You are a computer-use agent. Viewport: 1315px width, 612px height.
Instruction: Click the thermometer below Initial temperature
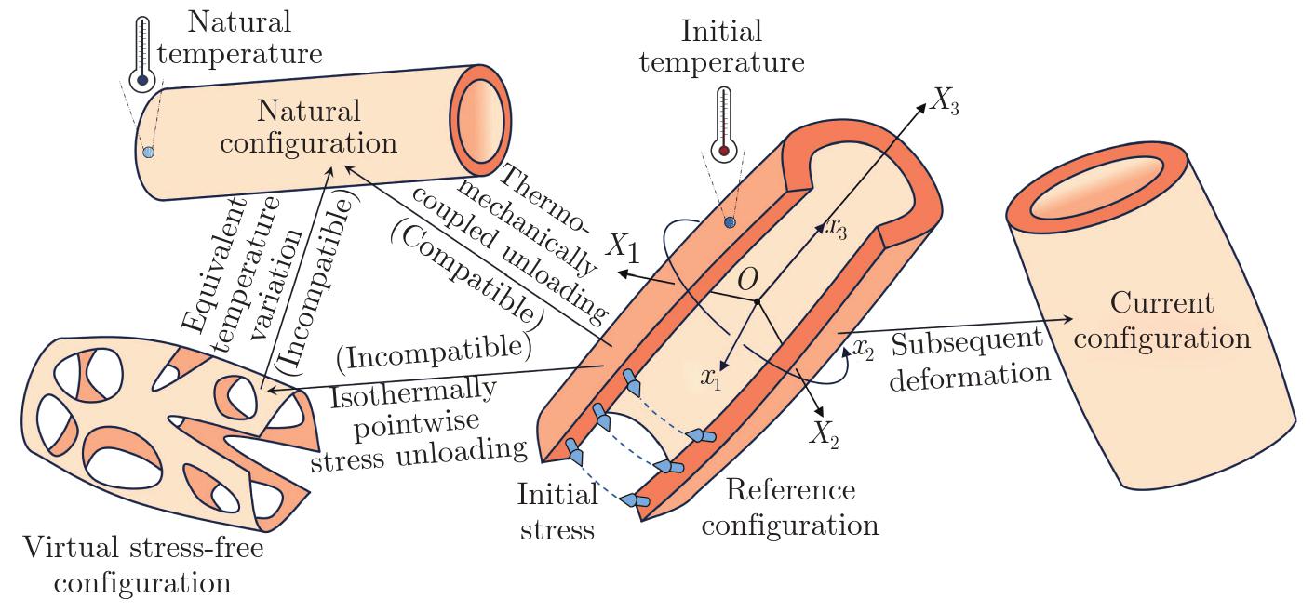(x=723, y=125)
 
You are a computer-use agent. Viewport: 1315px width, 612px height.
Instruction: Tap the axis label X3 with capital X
(x=943, y=104)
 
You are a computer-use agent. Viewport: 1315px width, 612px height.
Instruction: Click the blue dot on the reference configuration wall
(x=730, y=221)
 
